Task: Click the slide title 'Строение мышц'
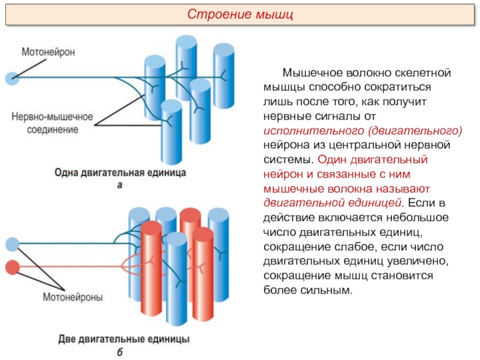click(240, 14)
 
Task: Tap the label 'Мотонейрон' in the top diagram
click(48, 52)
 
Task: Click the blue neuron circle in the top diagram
click(10, 78)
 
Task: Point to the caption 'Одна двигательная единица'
click(120, 173)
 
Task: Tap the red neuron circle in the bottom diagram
click(12, 266)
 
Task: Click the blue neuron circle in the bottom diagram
click(12, 244)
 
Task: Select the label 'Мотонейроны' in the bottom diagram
click(72, 296)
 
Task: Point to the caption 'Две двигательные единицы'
click(124, 339)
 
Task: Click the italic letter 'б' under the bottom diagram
click(120, 352)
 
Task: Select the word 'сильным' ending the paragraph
click(329, 290)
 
